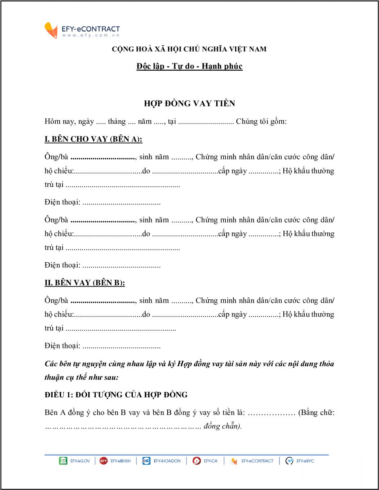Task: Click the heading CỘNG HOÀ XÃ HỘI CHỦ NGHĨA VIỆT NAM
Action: click(189, 49)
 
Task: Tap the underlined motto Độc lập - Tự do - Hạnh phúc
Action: click(189, 66)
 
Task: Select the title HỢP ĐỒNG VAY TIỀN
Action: click(189, 104)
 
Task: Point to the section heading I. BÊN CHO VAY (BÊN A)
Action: click(93, 139)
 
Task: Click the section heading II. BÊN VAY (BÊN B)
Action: click(85, 283)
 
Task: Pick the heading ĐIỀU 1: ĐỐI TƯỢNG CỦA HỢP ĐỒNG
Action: click(116, 395)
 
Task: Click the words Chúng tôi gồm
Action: click(261, 122)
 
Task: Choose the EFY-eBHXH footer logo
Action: click(115, 461)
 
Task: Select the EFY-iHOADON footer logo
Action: click(161, 461)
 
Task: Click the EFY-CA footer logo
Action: click(205, 461)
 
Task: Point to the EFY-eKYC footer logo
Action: click(300, 461)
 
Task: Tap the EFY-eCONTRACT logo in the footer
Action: click(252, 461)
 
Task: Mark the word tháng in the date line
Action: click(117, 122)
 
